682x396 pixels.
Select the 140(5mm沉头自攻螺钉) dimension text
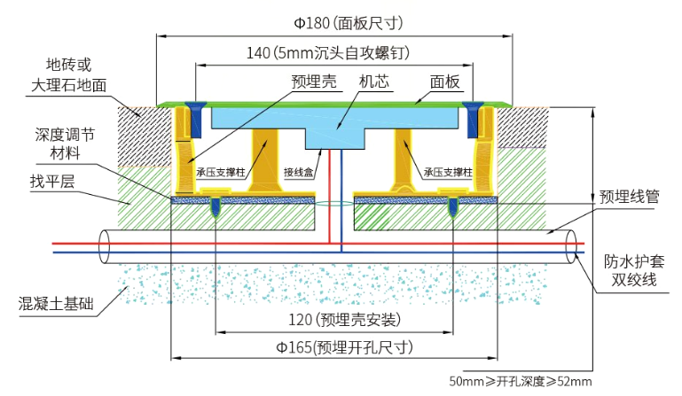click(x=327, y=53)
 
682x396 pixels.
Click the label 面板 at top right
click(x=445, y=82)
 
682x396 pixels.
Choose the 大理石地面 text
click(x=68, y=86)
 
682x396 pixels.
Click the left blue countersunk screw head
click(x=195, y=115)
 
